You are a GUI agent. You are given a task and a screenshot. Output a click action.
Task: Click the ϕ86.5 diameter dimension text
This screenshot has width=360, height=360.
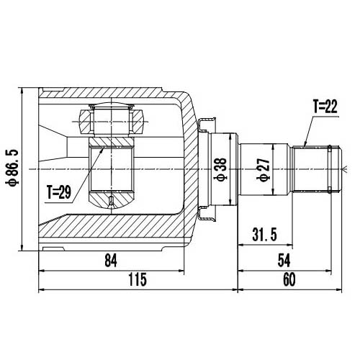[12, 167]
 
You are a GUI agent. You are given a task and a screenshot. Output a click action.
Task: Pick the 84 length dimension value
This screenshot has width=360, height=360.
[110, 261]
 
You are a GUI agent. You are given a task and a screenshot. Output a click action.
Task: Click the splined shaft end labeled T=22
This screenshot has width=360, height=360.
[317, 168]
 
